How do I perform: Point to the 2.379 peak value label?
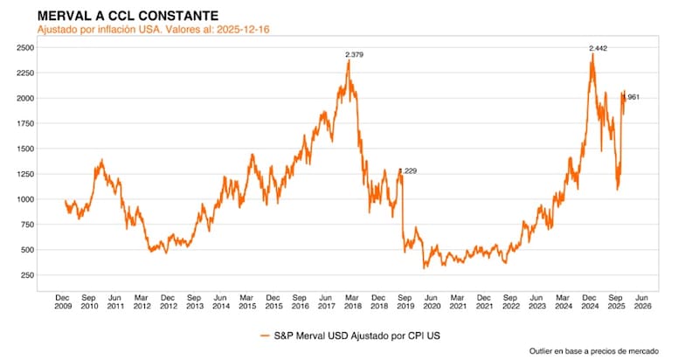click(x=355, y=55)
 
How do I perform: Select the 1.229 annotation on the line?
click(x=407, y=171)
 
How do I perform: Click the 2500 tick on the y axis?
click(x=25, y=47)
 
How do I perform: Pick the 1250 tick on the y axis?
click(x=25, y=174)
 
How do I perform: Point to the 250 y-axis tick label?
click(x=28, y=275)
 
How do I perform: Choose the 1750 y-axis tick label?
click(x=25, y=123)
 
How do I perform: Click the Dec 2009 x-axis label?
click(x=62, y=301)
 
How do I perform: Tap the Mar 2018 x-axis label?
click(x=353, y=301)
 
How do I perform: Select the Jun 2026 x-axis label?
click(x=644, y=301)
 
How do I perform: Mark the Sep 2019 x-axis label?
click(x=406, y=301)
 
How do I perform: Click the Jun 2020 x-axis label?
click(x=433, y=301)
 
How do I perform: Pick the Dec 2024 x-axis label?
click(x=592, y=301)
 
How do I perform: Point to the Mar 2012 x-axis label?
click(x=142, y=301)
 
